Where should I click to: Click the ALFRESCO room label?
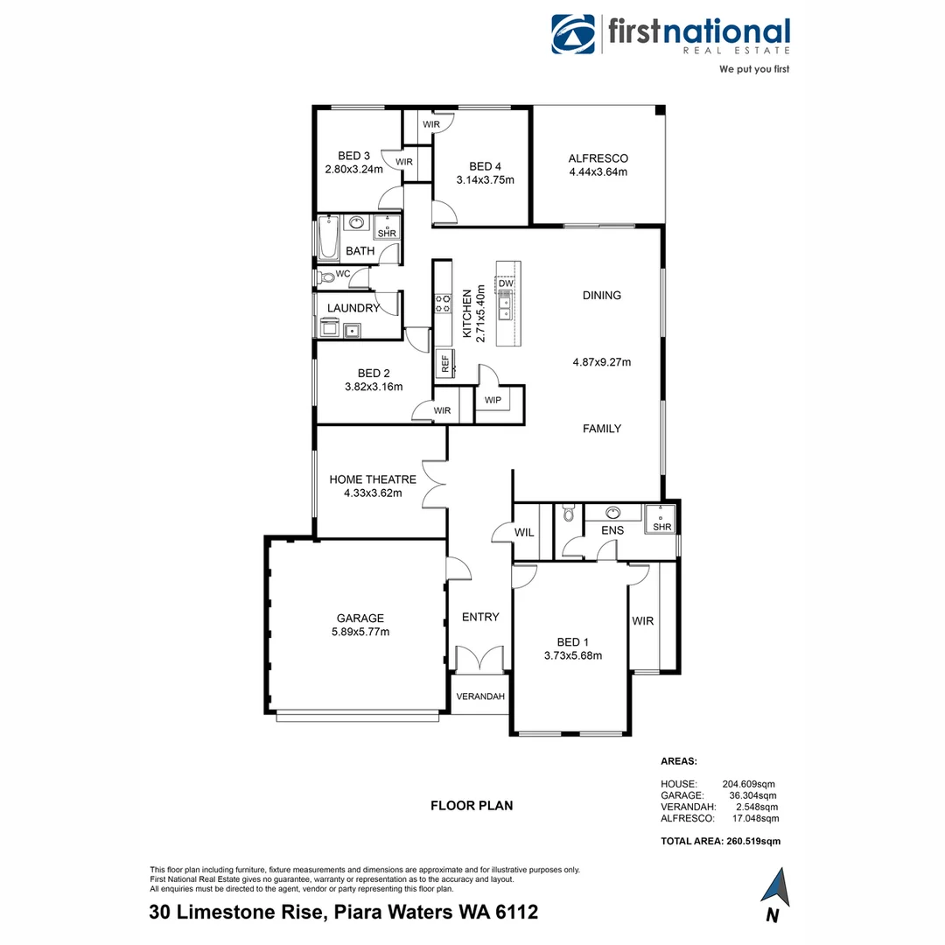[598, 158]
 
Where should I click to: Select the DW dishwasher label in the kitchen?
[506, 283]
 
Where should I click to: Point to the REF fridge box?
[444, 361]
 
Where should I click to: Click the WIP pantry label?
[493, 401]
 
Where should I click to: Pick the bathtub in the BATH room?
[328, 239]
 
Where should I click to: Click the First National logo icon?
[573, 34]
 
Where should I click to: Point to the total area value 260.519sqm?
[752, 841]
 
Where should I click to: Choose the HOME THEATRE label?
[373, 479]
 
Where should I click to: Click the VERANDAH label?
[479, 696]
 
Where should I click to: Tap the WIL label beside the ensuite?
[524, 532]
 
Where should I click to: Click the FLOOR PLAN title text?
[472, 806]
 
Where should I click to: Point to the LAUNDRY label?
[353, 308]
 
